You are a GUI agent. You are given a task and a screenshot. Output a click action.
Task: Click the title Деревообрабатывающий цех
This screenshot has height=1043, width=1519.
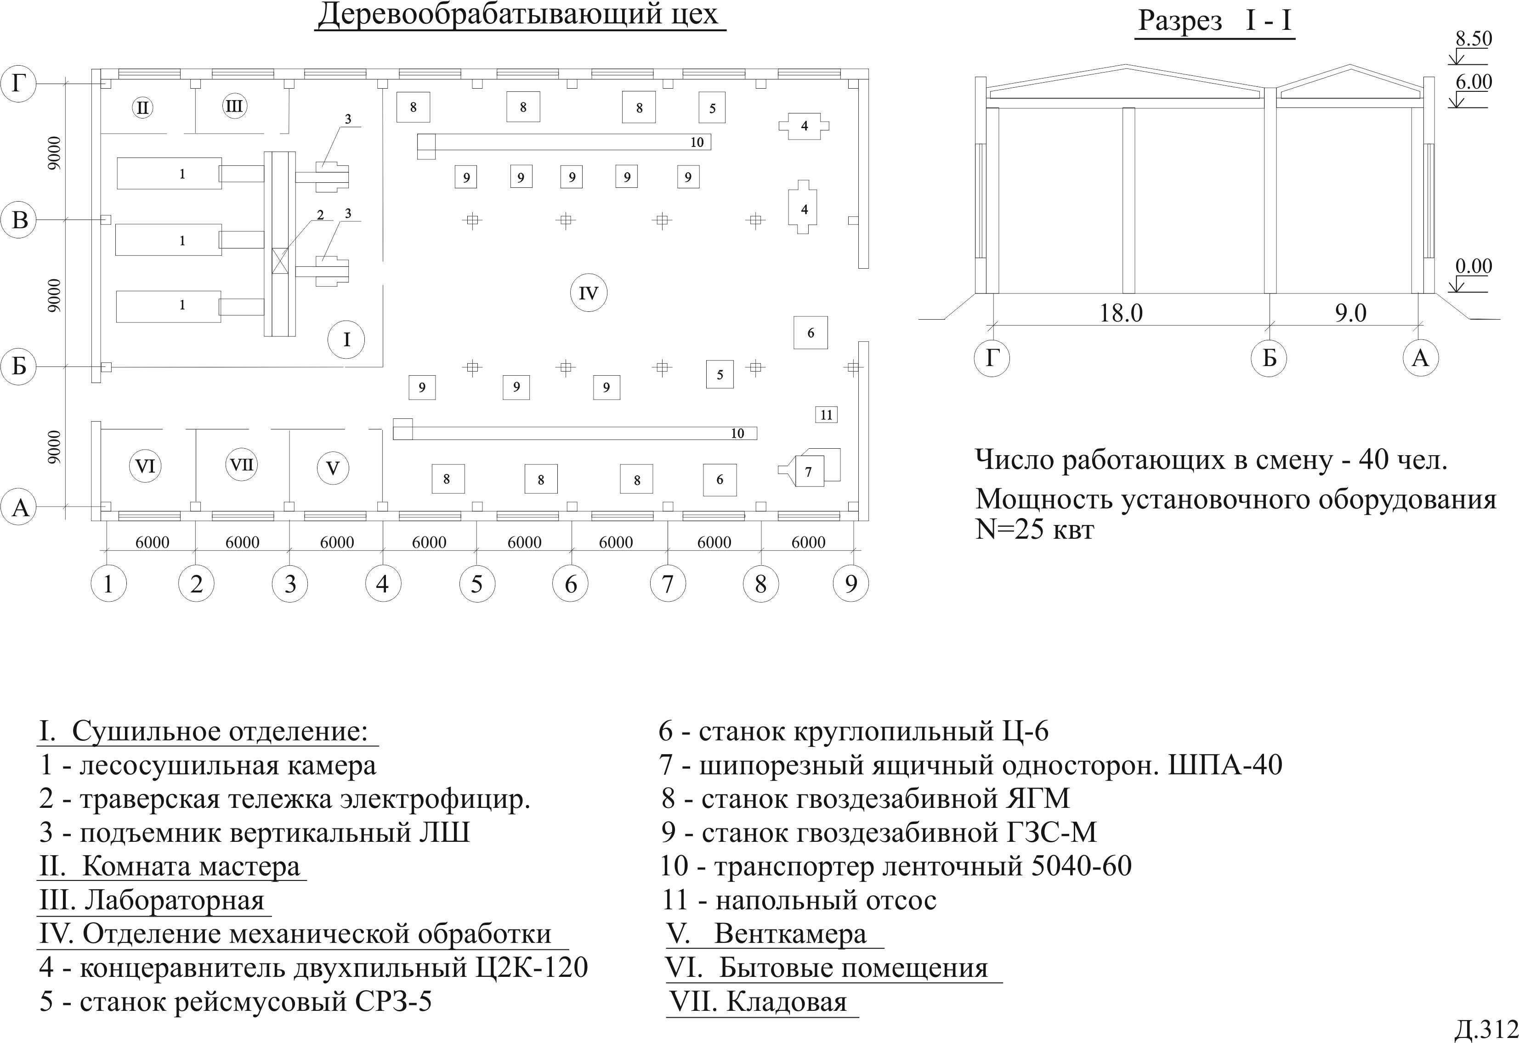point(520,14)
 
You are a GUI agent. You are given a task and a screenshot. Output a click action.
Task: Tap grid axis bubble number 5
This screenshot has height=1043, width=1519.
point(476,583)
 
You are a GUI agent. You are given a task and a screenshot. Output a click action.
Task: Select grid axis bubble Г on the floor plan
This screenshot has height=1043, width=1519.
point(20,85)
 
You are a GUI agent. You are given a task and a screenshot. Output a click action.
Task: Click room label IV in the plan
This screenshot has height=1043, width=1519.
point(588,293)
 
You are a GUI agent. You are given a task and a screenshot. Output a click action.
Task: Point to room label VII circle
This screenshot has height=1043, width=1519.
point(242,465)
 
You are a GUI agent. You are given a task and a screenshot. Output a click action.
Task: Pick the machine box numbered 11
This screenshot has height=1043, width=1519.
point(826,414)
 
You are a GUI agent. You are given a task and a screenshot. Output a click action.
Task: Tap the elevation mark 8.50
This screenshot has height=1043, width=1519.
point(1473,39)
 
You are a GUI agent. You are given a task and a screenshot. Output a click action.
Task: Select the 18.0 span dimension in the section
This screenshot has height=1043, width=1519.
point(1121,313)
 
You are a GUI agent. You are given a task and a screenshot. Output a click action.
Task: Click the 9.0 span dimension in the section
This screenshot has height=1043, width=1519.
point(1350,313)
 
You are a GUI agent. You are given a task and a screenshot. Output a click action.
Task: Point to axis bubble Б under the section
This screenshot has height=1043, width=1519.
point(1269,358)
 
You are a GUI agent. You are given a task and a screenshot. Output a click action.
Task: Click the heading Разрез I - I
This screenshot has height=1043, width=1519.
point(1214,21)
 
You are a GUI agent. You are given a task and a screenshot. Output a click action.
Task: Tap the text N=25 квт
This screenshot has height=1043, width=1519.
point(1034,530)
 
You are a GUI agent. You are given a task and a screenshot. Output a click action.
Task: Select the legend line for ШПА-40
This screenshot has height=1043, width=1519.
point(970,765)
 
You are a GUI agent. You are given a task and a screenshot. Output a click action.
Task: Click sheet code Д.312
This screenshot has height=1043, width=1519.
point(1484,1029)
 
